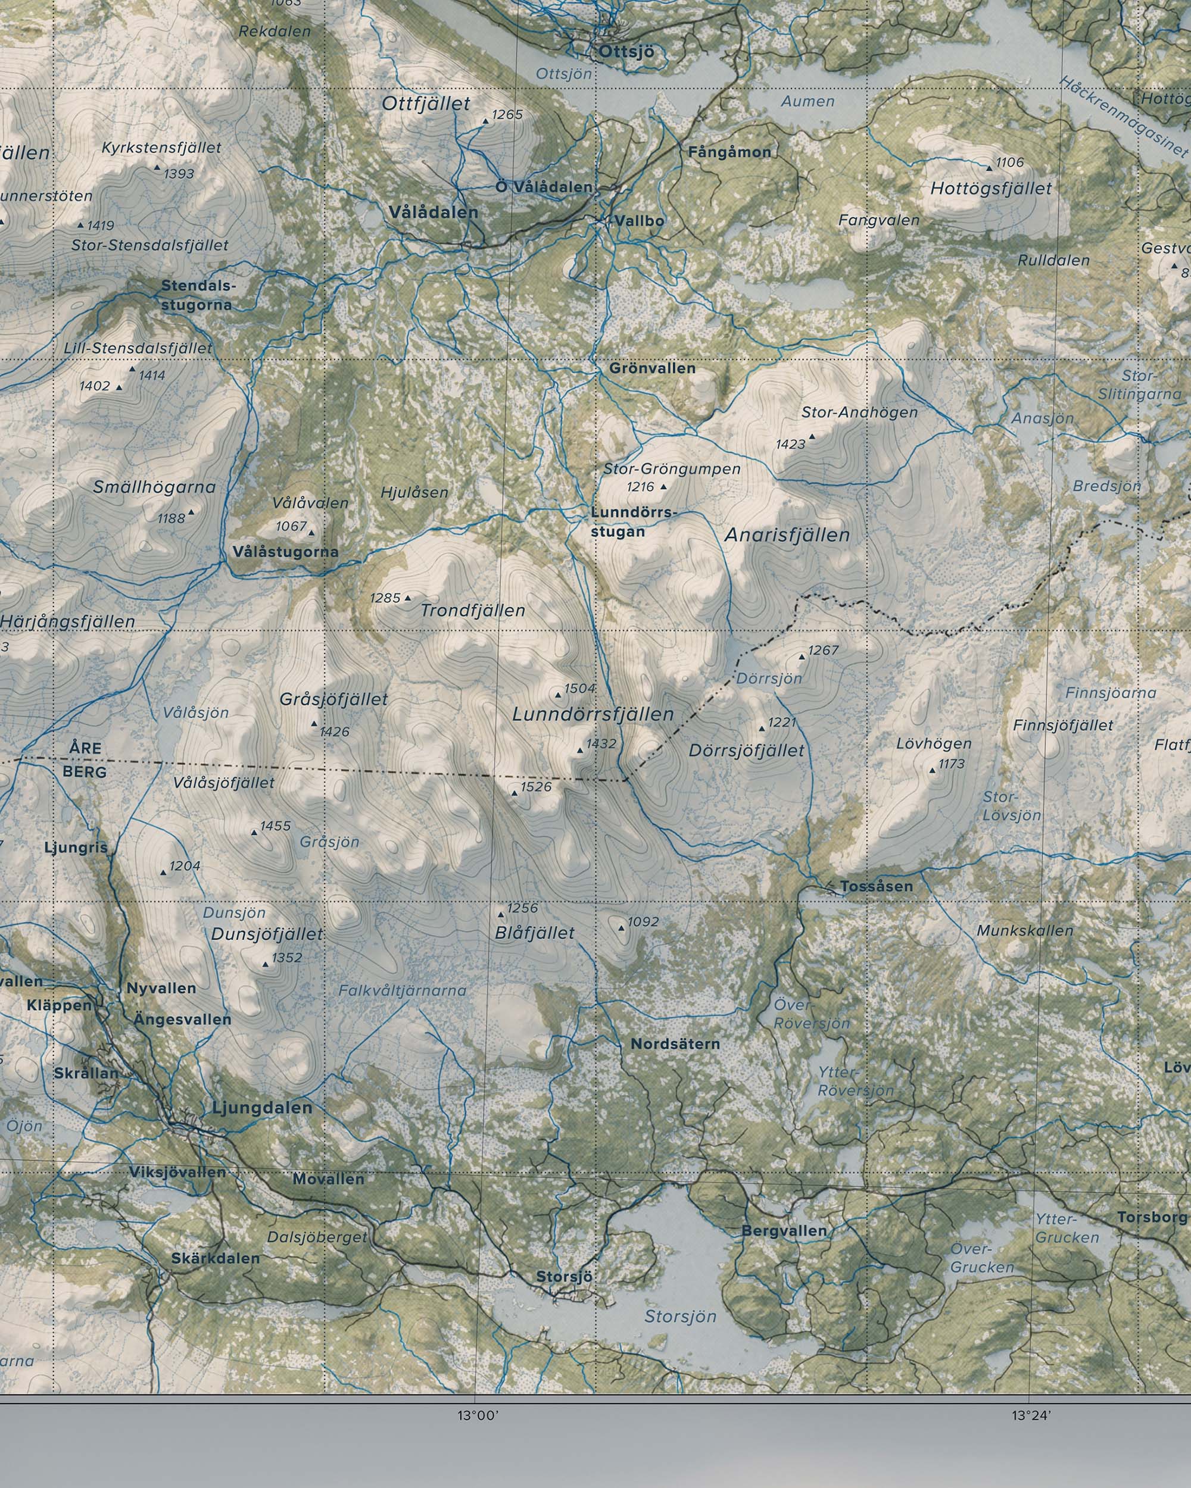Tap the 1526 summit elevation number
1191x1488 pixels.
[536, 787]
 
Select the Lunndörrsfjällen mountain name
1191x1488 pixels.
[593, 714]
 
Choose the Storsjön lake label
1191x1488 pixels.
[680, 1316]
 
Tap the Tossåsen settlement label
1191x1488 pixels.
[876, 886]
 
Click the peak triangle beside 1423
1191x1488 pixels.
[812, 436]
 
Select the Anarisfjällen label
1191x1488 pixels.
[787, 535]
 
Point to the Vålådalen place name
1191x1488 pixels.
[433, 212]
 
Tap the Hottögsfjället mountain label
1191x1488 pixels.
[991, 189]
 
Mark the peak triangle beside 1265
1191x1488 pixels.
[485, 121]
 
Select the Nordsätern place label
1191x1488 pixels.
[675, 1044]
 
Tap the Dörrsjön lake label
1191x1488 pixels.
[769, 679]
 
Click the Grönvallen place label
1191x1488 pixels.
[651, 368]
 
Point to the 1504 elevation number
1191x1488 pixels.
[579, 688]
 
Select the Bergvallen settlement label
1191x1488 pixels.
[784, 1230]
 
